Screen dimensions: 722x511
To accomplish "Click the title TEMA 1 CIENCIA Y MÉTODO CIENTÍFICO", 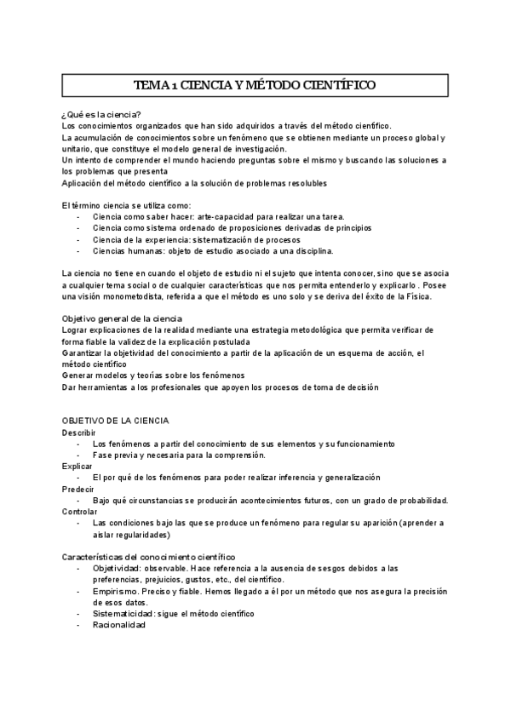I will coord(255,85).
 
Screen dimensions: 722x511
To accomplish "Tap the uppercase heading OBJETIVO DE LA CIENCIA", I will coord(116,421).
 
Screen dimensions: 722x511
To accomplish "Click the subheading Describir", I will coord(79,433).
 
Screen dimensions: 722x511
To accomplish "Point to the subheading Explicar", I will coord(78,467).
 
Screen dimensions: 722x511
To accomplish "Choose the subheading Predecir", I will coord(78,490).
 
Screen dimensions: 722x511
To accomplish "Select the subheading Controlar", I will coord(80,512).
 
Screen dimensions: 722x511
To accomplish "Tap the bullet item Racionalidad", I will coord(119,625).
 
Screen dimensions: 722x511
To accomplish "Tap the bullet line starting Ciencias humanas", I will coord(213,251).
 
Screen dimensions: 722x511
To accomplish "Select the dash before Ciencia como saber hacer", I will coord(79,217).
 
